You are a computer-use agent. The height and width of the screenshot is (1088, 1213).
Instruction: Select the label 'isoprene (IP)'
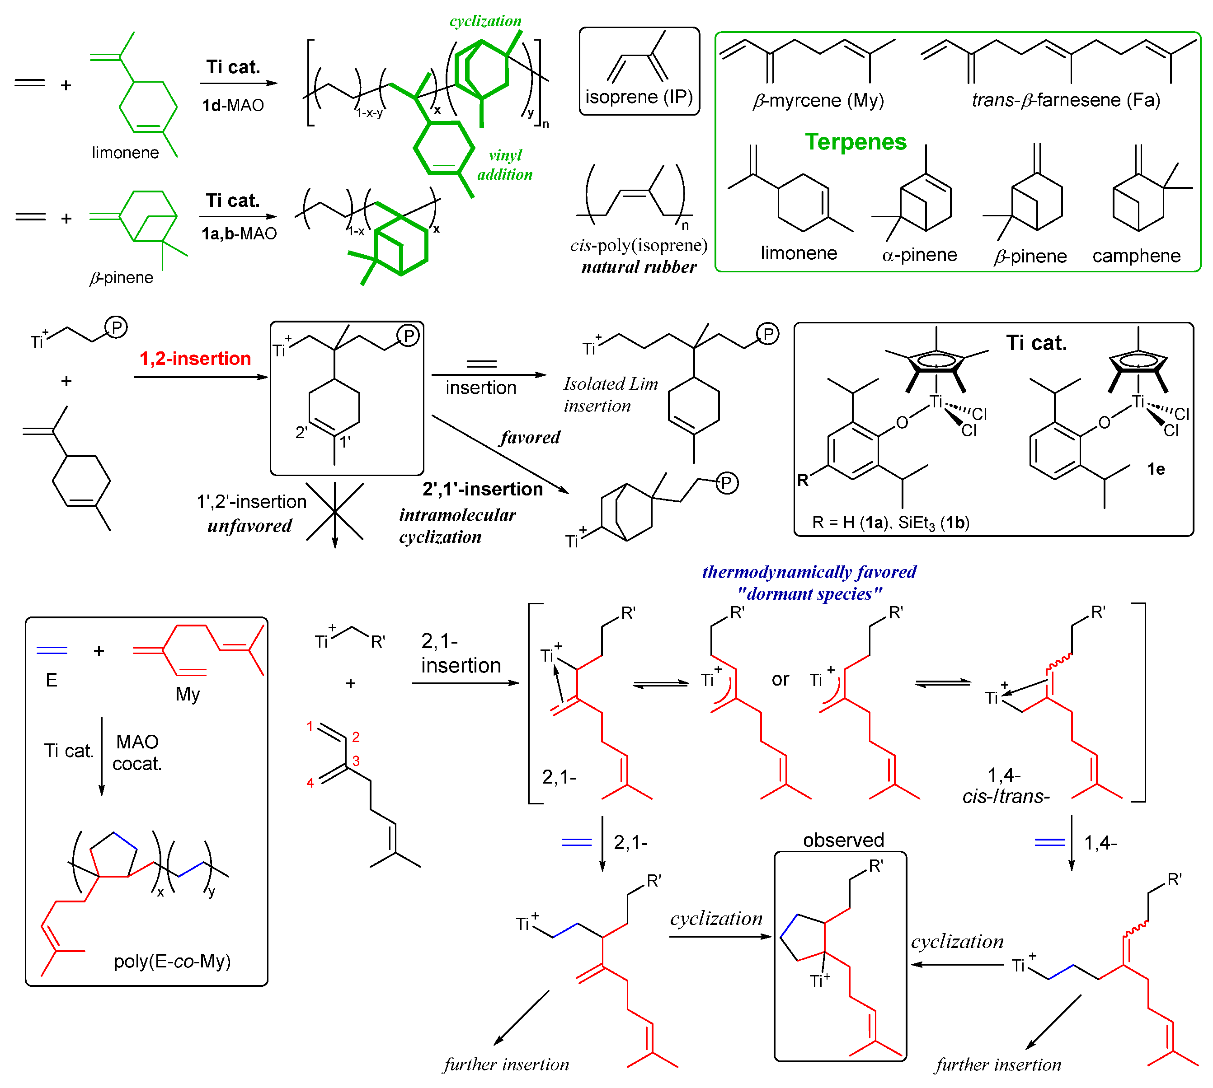[x=638, y=97]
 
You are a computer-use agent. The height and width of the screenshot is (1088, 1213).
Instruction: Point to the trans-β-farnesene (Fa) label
[x=1065, y=100]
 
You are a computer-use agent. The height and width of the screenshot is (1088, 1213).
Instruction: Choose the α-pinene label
[x=919, y=255]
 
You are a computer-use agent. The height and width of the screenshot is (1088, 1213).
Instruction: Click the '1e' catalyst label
[x=1155, y=469]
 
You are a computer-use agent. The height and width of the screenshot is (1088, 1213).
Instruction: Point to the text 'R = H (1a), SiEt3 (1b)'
[x=890, y=523]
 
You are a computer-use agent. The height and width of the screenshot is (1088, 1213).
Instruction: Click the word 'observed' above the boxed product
[x=843, y=840]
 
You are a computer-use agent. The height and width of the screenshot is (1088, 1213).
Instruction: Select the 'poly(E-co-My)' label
[x=172, y=961]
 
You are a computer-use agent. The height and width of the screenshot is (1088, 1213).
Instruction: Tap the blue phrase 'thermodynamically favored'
[x=809, y=572]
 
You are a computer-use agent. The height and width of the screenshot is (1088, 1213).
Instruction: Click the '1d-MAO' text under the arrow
[x=233, y=106]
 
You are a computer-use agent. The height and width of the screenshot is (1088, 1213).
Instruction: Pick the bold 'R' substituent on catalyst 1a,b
[x=802, y=480]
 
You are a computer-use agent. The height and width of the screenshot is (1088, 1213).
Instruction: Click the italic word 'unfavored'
[x=249, y=526]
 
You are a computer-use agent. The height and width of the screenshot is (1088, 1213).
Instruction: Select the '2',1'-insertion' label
[x=482, y=489]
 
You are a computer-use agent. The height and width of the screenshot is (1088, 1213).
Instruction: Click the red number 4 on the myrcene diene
[x=310, y=783]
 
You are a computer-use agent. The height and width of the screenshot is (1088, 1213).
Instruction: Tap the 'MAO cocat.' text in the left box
[x=137, y=752]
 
